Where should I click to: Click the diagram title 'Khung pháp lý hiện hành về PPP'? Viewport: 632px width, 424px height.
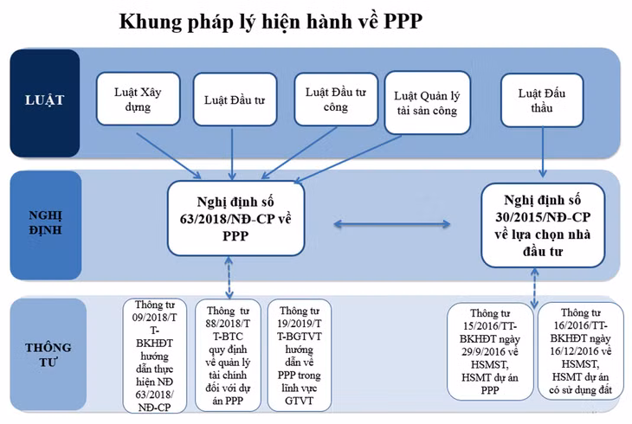click(270, 22)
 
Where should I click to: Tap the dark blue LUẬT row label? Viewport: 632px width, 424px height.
click(43, 100)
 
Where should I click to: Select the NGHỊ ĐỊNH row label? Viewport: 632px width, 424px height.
click(43, 221)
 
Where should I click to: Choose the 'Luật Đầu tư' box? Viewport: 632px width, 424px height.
click(234, 100)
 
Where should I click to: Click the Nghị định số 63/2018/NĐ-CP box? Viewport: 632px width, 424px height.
click(236, 218)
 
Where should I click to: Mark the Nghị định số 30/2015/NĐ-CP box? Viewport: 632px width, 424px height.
click(543, 223)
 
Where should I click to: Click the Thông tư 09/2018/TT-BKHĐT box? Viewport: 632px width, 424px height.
click(155, 355)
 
